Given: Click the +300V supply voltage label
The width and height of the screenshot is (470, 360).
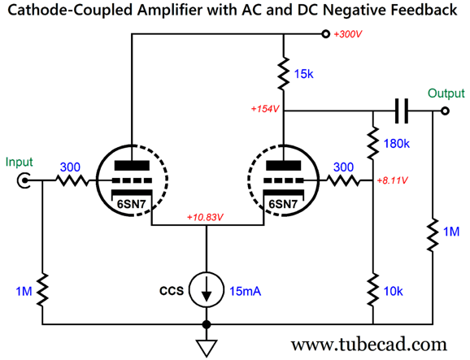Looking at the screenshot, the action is pyautogui.click(x=348, y=34).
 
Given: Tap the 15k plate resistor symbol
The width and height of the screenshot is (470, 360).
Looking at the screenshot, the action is pyautogui.click(x=284, y=73).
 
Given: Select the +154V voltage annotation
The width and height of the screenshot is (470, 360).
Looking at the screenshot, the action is pyautogui.click(x=265, y=109).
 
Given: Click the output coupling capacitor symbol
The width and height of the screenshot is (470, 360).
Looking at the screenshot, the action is pyautogui.click(x=402, y=111).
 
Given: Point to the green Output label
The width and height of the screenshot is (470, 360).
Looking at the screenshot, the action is pyautogui.click(x=446, y=93).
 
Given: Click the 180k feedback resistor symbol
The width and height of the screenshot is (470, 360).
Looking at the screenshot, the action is pyautogui.click(x=373, y=143).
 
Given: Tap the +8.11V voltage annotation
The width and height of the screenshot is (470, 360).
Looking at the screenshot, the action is pyautogui.click(x=393, y=180).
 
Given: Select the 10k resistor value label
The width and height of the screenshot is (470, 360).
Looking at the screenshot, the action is pyautogui.click(x=394, y=291).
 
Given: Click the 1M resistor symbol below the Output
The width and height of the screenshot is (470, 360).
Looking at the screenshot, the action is pyautogui.click(x=433, y=235).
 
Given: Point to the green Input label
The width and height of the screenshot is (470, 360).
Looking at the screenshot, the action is pyautogui.click(x=19, y=162).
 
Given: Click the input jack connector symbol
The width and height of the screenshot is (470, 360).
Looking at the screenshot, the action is pyautogui.click(x=24, y=180).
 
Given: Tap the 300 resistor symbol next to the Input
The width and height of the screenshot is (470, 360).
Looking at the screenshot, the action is pyautogui.click(x=72, y=180).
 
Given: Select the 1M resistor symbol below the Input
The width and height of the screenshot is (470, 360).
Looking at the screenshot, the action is pyautogui.click(x=42, y=289).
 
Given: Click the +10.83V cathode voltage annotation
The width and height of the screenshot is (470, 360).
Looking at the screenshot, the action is pyautogui.click(x=205, y=217).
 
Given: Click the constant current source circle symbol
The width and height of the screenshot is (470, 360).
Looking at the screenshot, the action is pyautogui.click(x=207, y=289).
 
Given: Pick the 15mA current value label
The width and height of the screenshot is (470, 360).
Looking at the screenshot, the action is pyautogui.click(x=246, y=291).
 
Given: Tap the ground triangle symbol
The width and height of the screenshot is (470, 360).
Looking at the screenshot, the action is pyautogui.click(x=207, y=349).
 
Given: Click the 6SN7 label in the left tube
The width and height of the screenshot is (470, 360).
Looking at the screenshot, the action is pyautogui.click(x=131, y=204).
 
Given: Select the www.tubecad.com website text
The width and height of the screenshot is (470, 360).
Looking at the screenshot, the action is pyautogui.click(x=369, y=345).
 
